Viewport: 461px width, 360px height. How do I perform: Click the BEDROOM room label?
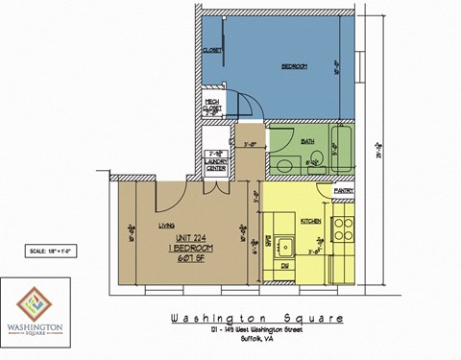pyautogui.click(x=293, y=66)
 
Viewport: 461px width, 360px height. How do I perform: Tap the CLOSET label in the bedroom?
pyautogui.click(x=212, y=50)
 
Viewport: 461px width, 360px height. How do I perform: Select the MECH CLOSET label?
pyautogui.click(x=212, y=107)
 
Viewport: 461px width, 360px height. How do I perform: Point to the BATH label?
pyautogui.click(x=307, y=141)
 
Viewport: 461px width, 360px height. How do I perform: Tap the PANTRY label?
pyautogui.click(x=344, y=191)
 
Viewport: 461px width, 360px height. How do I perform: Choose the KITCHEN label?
pyautogui.click(x=310, y=221)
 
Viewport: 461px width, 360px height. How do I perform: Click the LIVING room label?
pyautogui.click(x=164, y=226)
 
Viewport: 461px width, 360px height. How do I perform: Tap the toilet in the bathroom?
pyautogui.click(x=283, y=163)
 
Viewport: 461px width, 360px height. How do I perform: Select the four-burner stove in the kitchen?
pyautogui.click(x=343, y=230)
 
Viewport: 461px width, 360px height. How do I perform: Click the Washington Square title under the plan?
pyautogui.click(x=255, y=319)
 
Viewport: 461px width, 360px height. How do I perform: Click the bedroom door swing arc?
pyautogui.click(x=246, y=100)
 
